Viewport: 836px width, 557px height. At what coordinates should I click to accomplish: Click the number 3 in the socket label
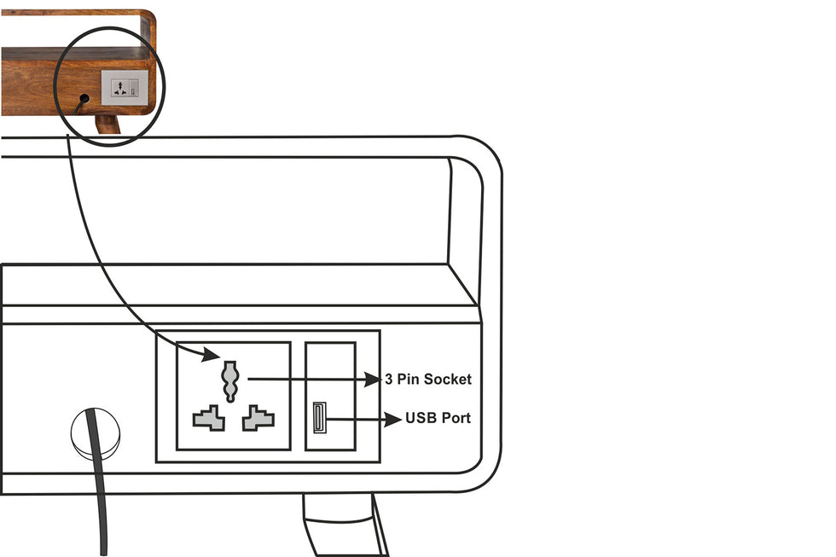click(x=389, y=379)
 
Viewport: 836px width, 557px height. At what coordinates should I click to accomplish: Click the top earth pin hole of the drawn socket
click(x=230, y=381)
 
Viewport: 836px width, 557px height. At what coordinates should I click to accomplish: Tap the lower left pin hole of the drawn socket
click(x=209, y=419)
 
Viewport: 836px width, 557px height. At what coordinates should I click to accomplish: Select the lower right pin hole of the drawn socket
click(x=258, y=419)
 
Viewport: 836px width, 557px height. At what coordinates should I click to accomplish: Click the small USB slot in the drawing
click(x=319, y=417)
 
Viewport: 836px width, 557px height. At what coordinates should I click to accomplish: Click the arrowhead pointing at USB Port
click(x=393, y=420)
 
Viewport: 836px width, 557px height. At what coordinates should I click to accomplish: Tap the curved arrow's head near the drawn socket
click(x=212, y=354)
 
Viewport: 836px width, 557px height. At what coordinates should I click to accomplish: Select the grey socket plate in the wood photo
click(x=125, y=87)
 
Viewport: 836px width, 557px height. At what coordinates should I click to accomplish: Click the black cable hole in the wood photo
click(x=84, y=99)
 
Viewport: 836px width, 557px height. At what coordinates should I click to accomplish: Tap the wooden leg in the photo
click(x=107, y=125)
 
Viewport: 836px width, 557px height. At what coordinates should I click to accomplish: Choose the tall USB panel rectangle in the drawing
click(x=331, y=396)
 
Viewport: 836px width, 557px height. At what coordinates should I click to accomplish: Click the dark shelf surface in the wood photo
click(x=75, y=54)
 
